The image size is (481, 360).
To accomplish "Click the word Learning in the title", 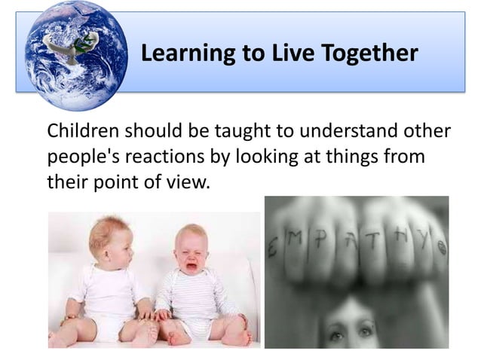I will tap(178, 53).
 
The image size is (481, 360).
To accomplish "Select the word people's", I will tap(78, 157).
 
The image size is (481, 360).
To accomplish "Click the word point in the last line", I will tap(112, 182).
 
